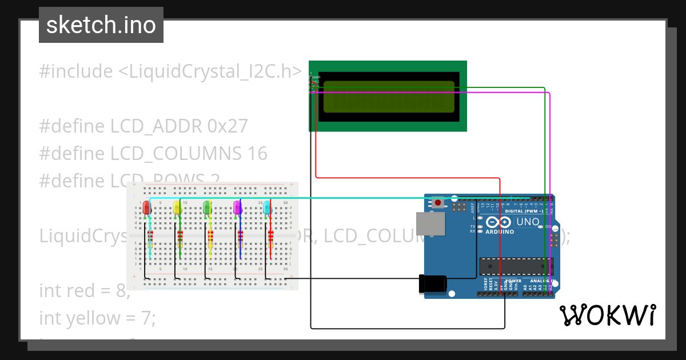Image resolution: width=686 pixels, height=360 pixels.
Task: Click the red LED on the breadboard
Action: [x=146, y=207]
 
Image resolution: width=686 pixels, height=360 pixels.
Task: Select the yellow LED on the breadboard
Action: [x=177, y=207]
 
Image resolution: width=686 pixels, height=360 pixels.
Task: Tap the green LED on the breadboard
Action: [x=208, y=207]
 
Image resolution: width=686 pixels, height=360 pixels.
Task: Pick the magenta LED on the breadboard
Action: [x=238, y=207]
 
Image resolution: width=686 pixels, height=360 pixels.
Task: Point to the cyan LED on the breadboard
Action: [x=267, y=207]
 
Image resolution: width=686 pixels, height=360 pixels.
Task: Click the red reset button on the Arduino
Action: [x=438, y=202]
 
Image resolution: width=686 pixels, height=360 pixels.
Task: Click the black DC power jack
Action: [x=432, y=284]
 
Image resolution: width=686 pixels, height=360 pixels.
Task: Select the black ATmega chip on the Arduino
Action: [x=516, y=266]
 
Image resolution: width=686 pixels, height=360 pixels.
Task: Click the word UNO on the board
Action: [x=528, y=222]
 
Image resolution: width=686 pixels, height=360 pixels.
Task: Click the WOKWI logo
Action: [x=607, y=315]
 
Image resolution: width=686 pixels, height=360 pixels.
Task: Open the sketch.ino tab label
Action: [x=101, y=25]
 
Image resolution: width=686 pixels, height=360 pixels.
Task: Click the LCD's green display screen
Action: [x=389, y=96]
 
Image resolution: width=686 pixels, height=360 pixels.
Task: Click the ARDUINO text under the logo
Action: [x=499, y=232]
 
